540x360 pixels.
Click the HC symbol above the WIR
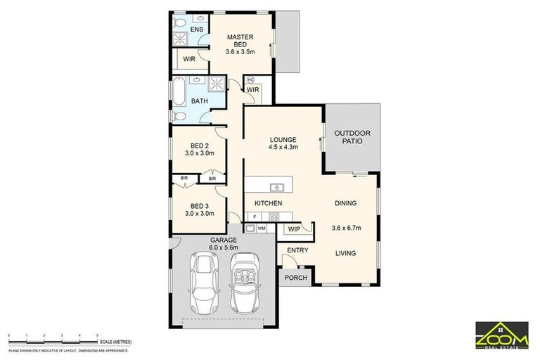coord(250,79)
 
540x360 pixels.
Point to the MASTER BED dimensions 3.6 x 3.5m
coord(240,51)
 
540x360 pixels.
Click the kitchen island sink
coord(278,187)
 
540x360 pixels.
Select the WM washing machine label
coord(261,228)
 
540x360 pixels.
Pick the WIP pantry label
coord(293,229)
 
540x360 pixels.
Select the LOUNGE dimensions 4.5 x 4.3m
coord(283,148)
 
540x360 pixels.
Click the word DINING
coord(345,203)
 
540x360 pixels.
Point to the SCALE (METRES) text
coord(116,342)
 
